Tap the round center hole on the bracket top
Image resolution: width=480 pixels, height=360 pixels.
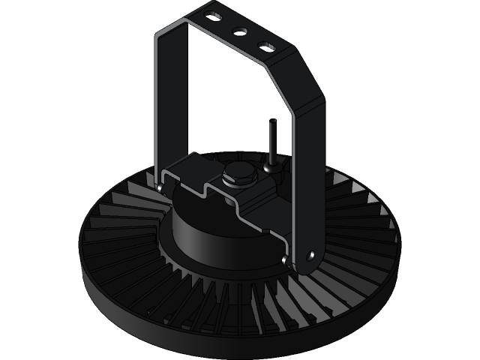tap(242, 31)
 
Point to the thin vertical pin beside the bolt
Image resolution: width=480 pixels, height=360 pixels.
tap(271, 139)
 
